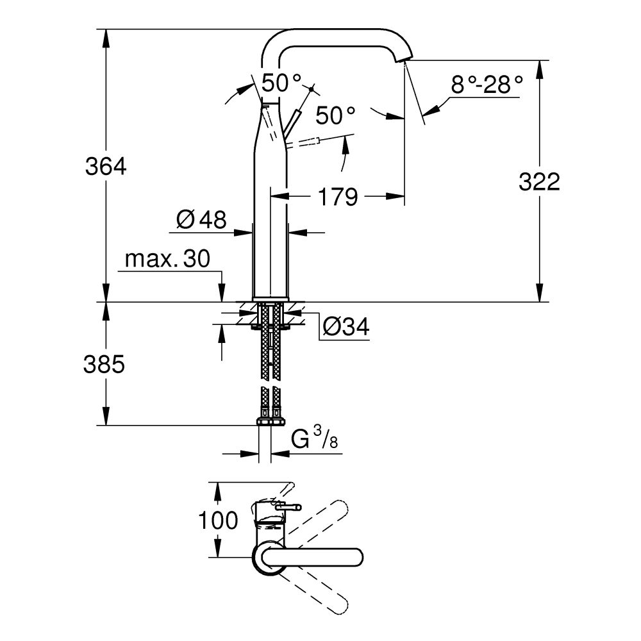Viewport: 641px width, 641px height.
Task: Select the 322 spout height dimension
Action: (x=539, y=182)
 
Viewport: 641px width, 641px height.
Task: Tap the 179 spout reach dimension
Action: (x=337, y=197)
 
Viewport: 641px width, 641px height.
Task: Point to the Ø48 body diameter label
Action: (x=201, y=221)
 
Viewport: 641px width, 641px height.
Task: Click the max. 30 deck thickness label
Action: (x=167, y=260)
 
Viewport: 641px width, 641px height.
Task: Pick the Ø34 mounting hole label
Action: (x=346, y=328)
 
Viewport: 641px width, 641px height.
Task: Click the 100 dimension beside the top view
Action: (x=218, y=520)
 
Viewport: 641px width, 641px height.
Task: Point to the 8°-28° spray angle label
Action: (x=487, y=85)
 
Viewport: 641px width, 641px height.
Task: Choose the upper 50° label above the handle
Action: (x=280, y=82)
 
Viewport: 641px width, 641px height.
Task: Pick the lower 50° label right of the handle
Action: (x=335, y=115)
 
